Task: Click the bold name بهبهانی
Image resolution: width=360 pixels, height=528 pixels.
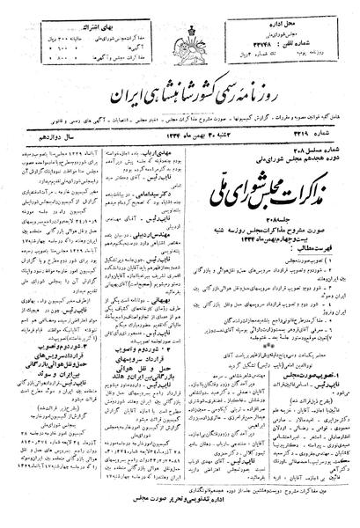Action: tap(221, 297)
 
